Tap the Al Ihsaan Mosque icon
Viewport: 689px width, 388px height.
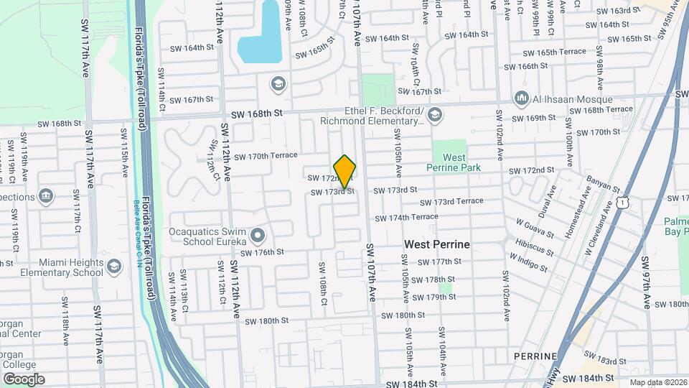pos(522,98)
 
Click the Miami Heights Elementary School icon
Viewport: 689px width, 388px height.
pos(113,267)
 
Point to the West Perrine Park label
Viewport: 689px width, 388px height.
pos(454,162)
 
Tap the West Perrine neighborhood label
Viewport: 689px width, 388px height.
pos(436,244)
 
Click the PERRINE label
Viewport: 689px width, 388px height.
pos(536,356)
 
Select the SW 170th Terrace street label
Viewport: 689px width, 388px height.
pos(265,155)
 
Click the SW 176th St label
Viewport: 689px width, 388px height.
pos(263,252)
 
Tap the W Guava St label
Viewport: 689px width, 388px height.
pos(534,228)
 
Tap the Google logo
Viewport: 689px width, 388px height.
pos(24,379)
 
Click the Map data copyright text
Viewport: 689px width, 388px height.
pos(658,382)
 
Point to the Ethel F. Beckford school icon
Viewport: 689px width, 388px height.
pos(435,115)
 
